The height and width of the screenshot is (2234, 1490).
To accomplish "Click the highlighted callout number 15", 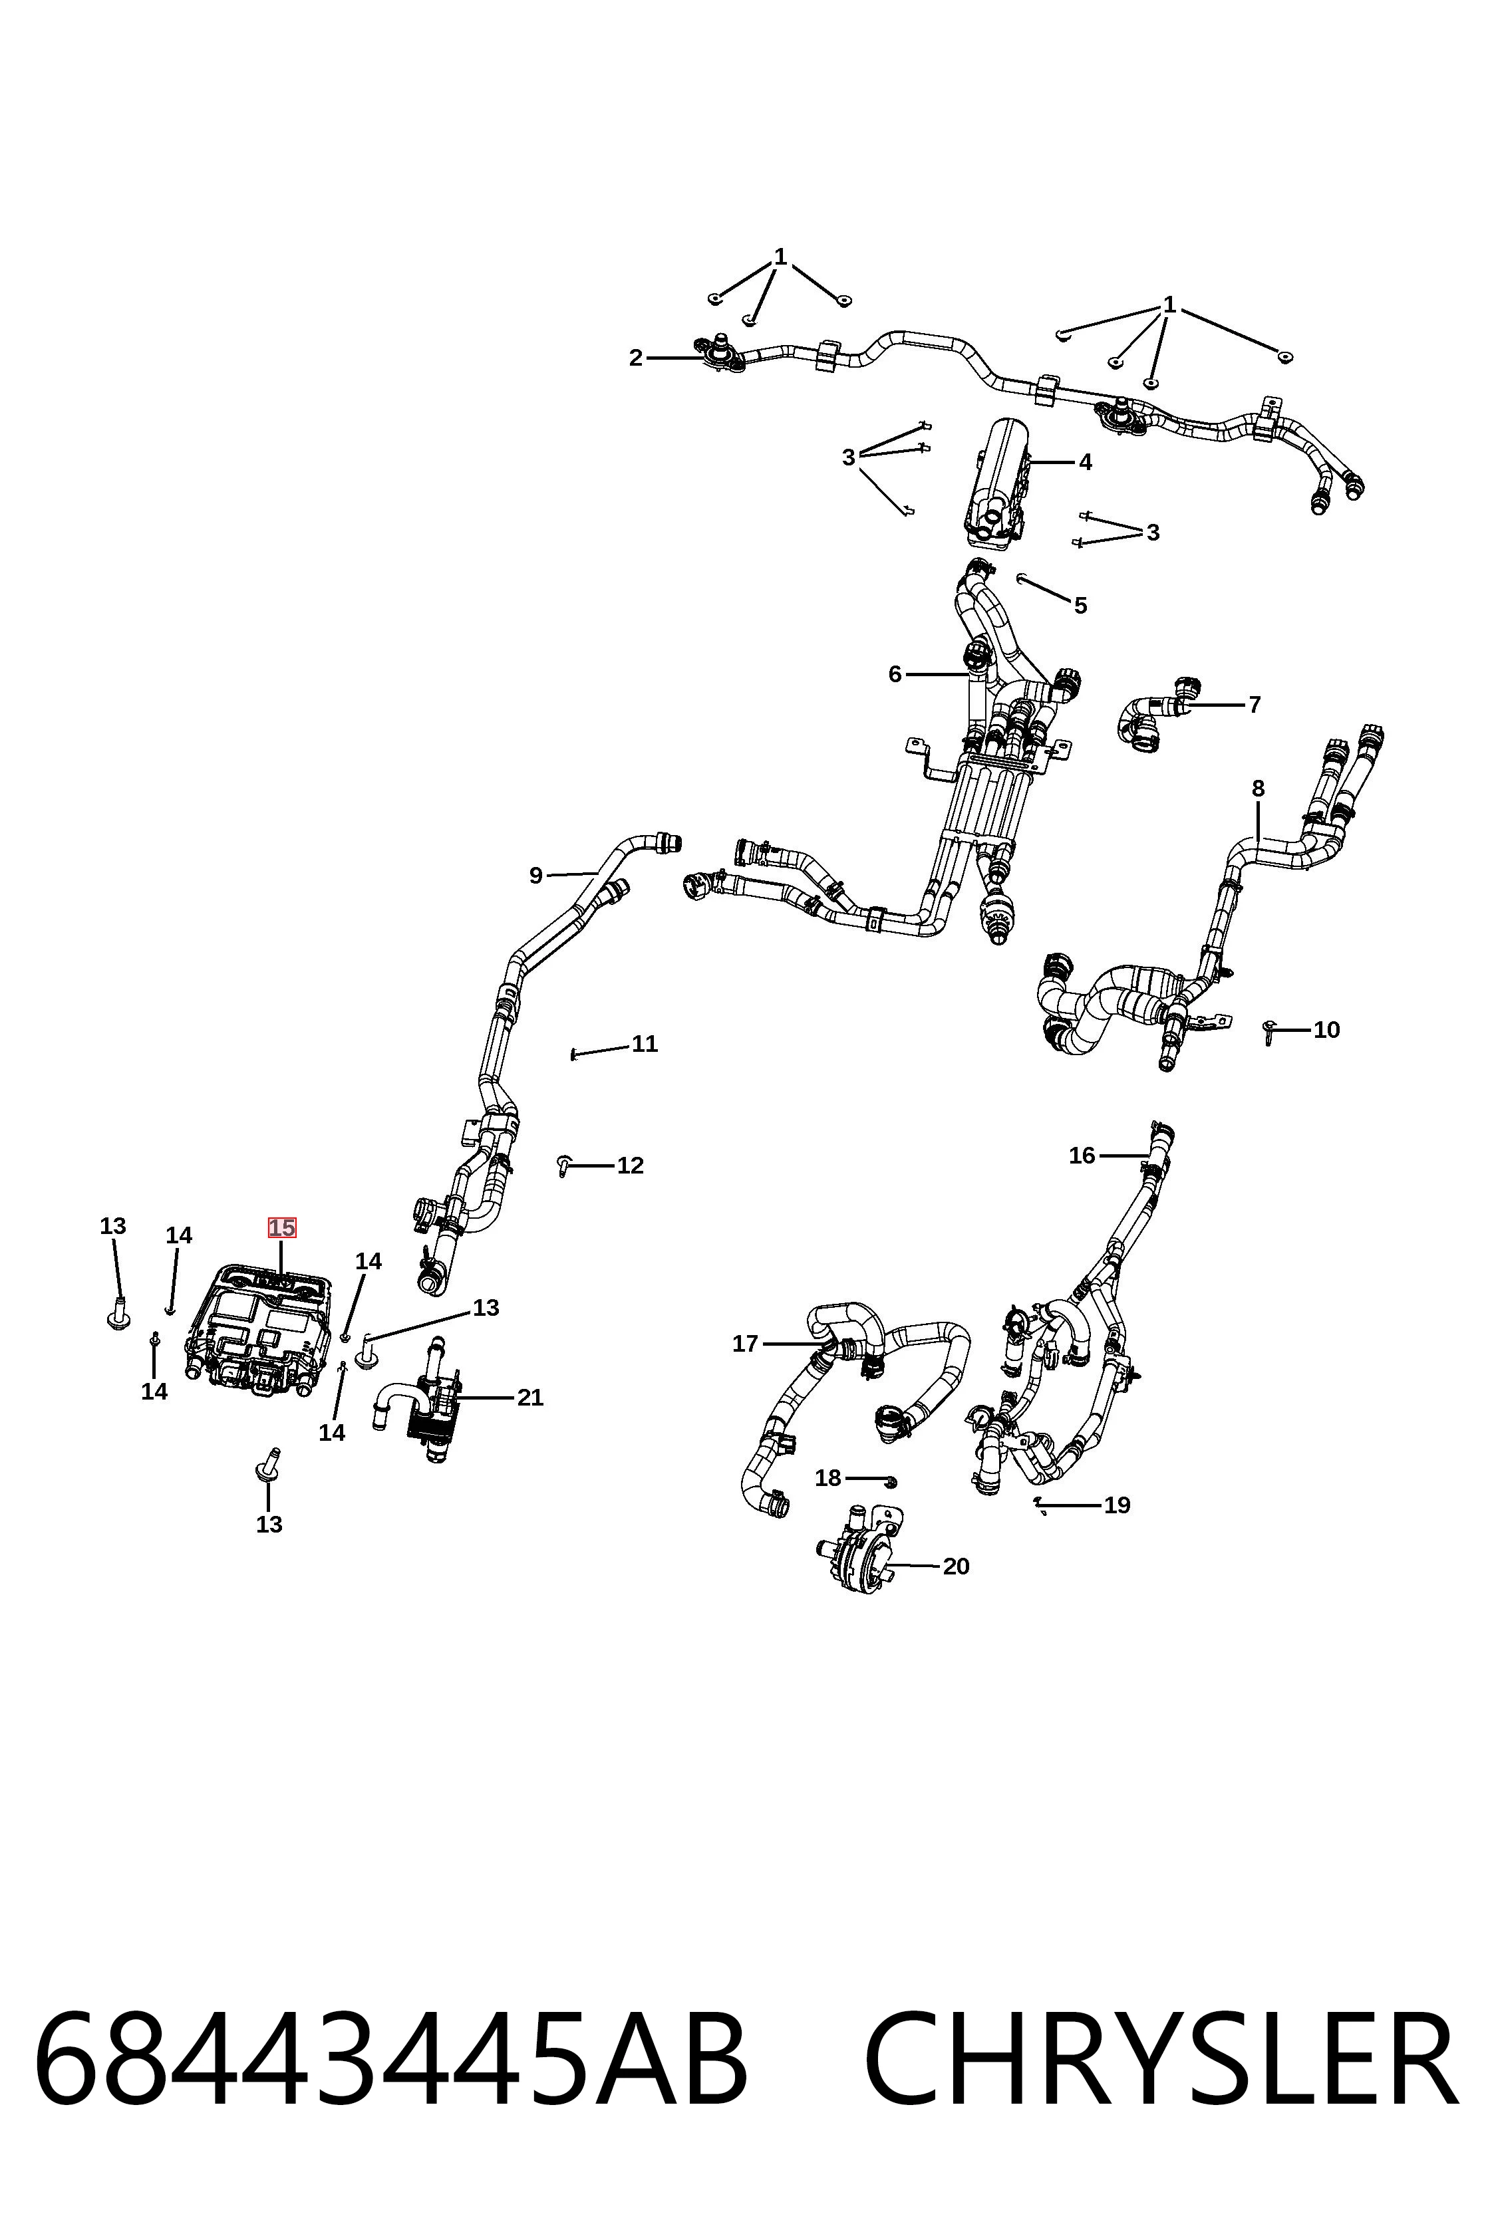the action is pyautogui.click(x=282, y=1227).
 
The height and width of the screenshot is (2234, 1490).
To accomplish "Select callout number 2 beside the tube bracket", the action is pyautogui.click(x=636, y=358).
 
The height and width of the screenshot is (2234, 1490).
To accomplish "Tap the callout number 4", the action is pyautogui.click(x=1085, y=463).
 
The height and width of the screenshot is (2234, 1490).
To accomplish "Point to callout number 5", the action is pyautogui.click(x=1080, y=605).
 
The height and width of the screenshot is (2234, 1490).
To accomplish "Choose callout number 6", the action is pyautogui.click(x=894, y=674).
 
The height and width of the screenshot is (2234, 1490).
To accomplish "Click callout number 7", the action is pyautogui.click(x=1255, y=705).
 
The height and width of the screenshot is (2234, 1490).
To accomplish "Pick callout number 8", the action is pyautogui.click(x=1258, y=789).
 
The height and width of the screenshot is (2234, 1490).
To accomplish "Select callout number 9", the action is pyautogui.click(x=536, y=876).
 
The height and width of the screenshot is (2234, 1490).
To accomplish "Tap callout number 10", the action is pyautogui.click(x=1326, y=1030).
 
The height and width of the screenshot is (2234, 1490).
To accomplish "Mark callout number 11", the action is pyautogui.click(x=645, y=1044).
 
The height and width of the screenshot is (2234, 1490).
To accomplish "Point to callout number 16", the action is pyautogui.click(x=1082, y=1155).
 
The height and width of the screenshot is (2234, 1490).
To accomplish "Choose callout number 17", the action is pyautogui.click(x=745, y=1344).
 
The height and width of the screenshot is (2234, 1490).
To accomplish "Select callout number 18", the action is pyautogui.click(x=829, y=1478).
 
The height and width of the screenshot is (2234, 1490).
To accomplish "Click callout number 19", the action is pyautogui.click(x=1117, y=1505).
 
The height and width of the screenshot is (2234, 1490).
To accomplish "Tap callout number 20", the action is pyautogui.click(x=956, y=1566).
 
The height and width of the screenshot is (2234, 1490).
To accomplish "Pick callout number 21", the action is pyautogui.click(x=530, y=1397).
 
